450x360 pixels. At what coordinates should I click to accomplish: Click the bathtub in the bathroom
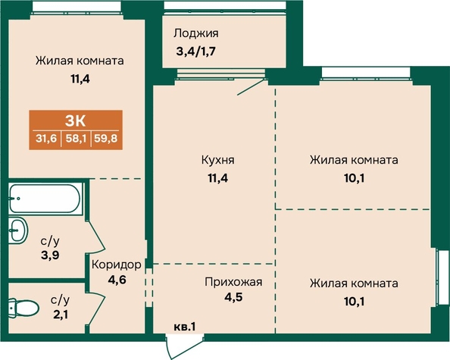pyautogui.click(x=45, y=199)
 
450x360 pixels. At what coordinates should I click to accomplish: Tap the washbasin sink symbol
pyautogui.click(x=17, y=230)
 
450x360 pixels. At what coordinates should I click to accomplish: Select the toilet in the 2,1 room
pyautogui.click(x=23, y=308)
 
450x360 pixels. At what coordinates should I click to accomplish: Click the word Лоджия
pyautogui.click(x=196, y=33)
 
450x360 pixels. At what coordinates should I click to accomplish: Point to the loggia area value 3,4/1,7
pyautogui.click(x=195, y=52)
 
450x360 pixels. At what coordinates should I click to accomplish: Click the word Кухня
pyautogui.click(x=218, y=160)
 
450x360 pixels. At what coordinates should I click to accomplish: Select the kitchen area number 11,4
pyautogui.click(x=218, y=178)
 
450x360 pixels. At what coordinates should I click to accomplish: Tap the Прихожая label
pyautogui.click(x=233, y=282)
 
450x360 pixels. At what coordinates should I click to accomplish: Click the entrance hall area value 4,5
pyautogui.click(x=233, y=297)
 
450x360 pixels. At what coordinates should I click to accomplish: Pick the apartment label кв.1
pyautogui.click(x=185, y=327)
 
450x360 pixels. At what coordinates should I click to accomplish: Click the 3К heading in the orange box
pyautogui.click(x=76, y=121)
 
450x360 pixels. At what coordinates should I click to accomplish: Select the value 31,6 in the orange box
pyautogui.click(x=46, y=139)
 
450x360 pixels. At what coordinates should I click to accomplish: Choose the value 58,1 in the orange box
pyautogui.click(x=76, y=139)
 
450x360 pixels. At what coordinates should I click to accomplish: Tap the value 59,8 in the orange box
pyautogui.click(x=106, y=139)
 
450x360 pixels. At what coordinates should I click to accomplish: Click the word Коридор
pyautogui.click(x=117, y=265)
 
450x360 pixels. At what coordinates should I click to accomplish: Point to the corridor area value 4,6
pyautogui.click(x=117, y=280)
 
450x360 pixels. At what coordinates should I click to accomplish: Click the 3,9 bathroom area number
pyautogui.click(x=50, y=255)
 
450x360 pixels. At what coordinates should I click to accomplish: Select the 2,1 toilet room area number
pyautogui.click(x=61, y=315)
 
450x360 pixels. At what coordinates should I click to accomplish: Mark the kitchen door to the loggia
pyautogui.click(x=251, y=87)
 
